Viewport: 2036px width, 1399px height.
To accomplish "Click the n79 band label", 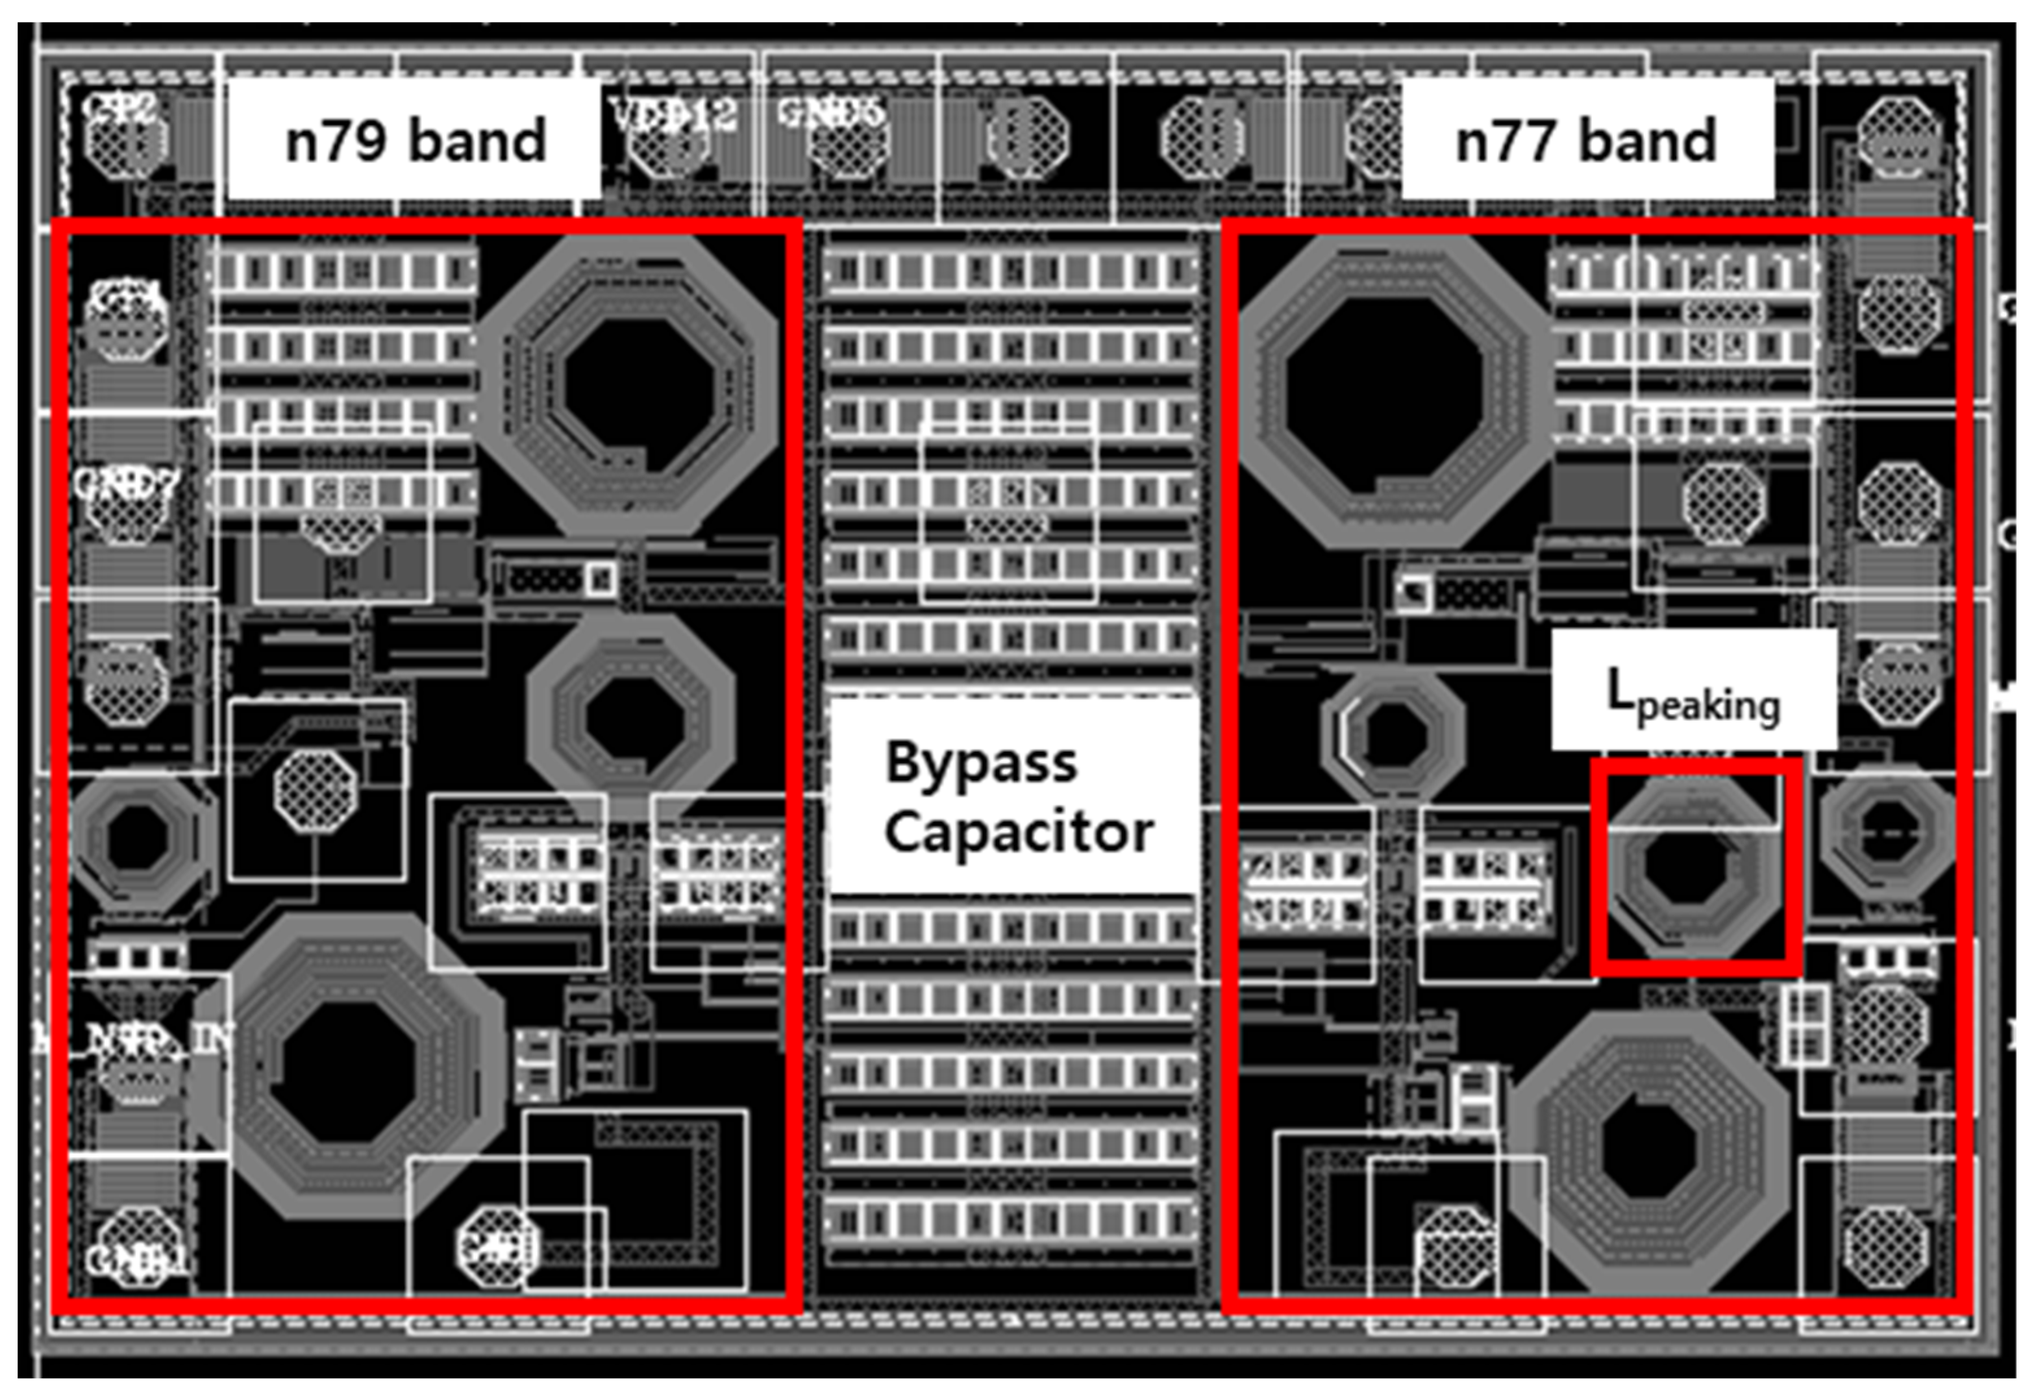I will coord(415,140).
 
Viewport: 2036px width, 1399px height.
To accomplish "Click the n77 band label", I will coord(1586,140).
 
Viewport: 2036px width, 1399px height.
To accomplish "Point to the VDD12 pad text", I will coord(673,114).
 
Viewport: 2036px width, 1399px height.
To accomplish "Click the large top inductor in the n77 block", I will coord(1387,392).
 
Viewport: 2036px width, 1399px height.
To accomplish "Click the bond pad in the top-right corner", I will coord(1898,138).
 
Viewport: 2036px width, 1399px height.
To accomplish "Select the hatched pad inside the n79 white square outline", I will coord(315,791).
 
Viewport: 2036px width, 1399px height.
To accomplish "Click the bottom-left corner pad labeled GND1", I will coord(136,1249).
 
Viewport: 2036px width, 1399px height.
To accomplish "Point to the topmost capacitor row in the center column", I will coord(1011,270).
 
